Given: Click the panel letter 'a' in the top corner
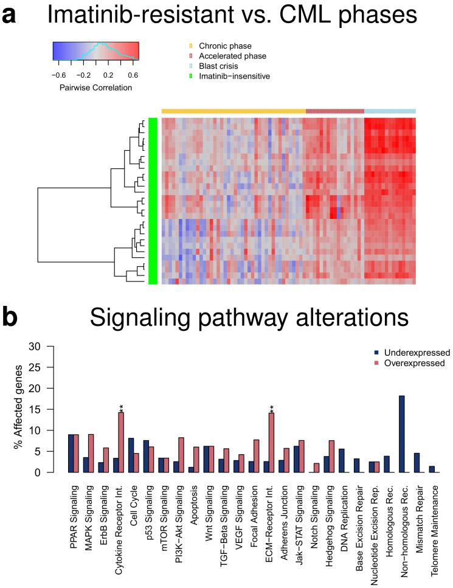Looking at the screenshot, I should (9, 16).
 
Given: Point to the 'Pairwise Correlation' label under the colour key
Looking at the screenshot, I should (95, 87).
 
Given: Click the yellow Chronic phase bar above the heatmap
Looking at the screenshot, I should (233, 111).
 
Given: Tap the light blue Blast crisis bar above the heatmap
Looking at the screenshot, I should (390, 111).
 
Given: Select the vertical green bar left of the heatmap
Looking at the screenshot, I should (153, 201).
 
